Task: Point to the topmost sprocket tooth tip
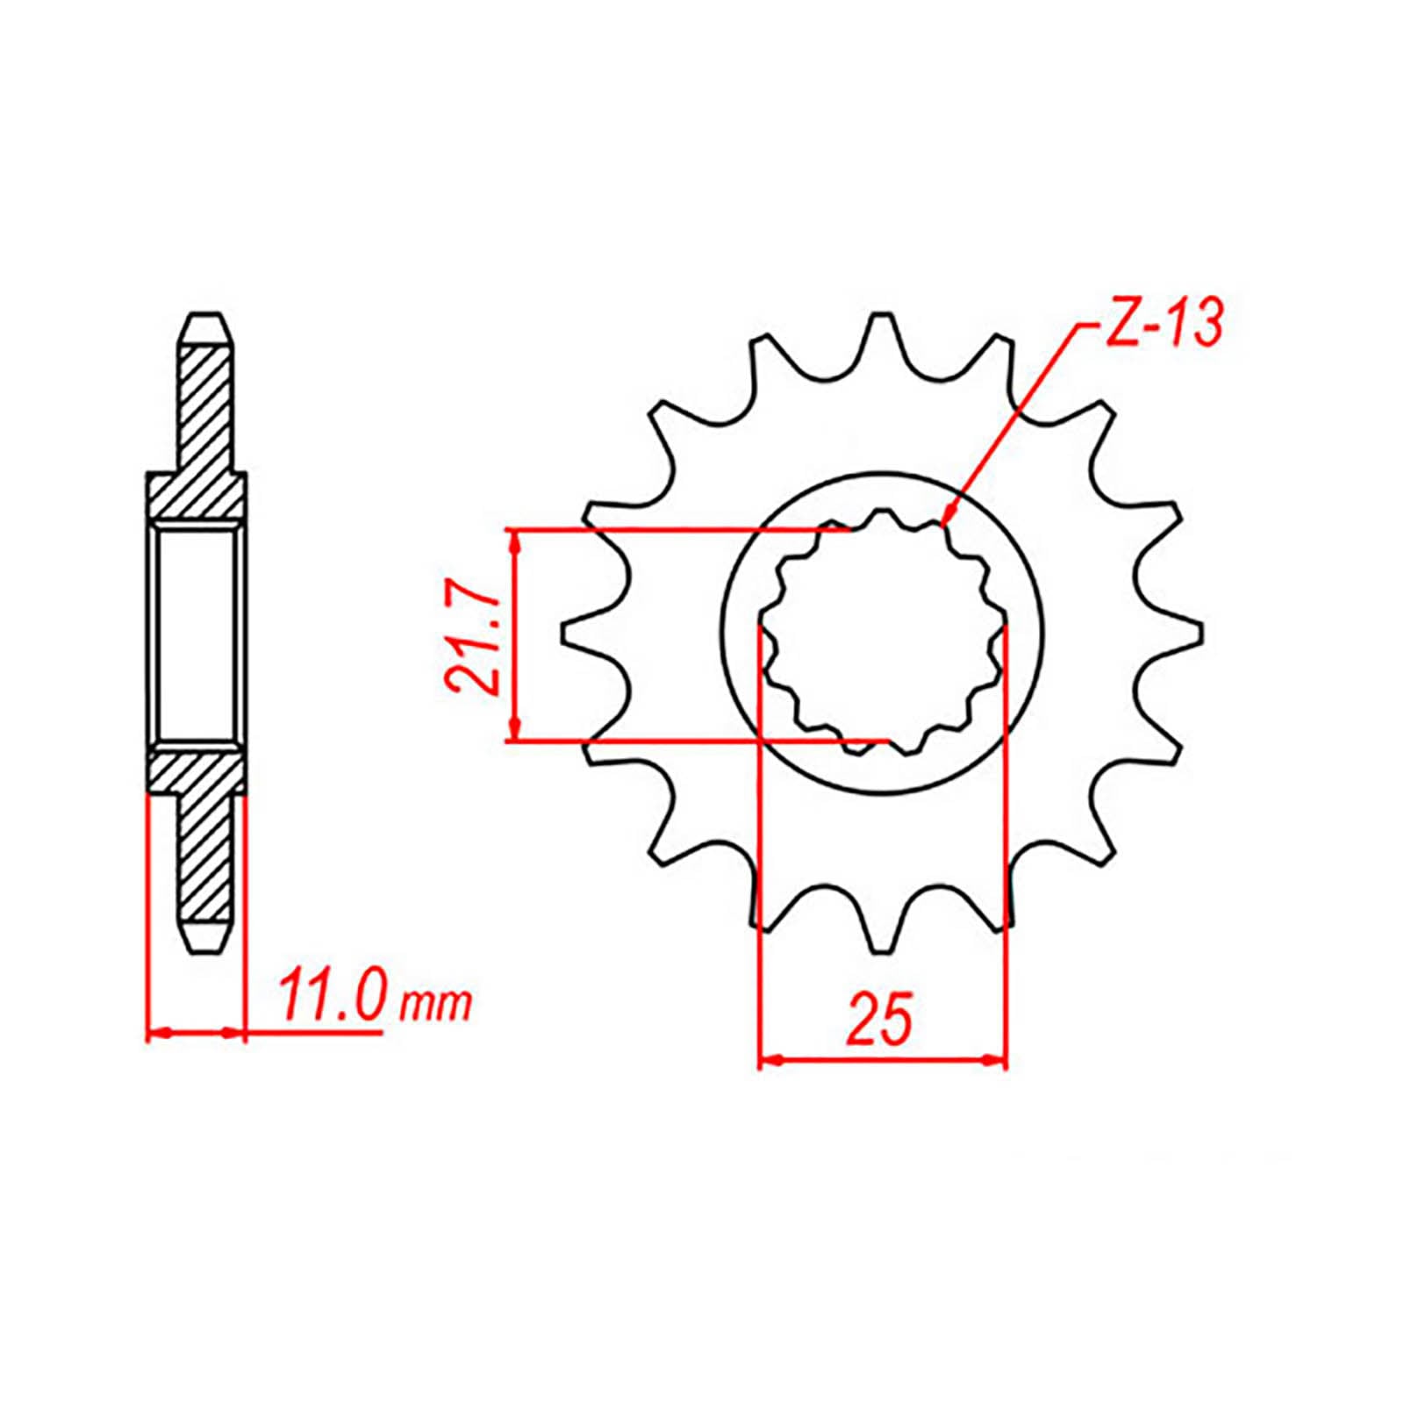880,319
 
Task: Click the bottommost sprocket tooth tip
880,951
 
